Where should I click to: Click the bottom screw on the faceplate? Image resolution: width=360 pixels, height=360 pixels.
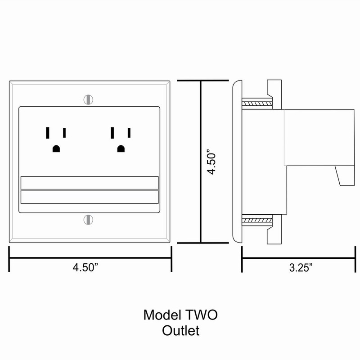[89, 220]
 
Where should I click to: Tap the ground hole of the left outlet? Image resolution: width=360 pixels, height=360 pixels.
[56, 149]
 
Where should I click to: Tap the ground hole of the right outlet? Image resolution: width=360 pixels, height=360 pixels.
[121, 149]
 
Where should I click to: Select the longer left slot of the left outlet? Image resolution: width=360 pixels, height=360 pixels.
[47, 133]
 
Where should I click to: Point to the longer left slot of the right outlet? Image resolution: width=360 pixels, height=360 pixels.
[112, 133]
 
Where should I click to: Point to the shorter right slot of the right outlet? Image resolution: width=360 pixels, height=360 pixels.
[130, 133]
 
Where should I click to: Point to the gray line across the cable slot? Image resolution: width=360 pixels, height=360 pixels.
[90, 190]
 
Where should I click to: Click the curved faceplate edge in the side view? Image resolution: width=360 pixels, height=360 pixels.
[236, 162]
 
